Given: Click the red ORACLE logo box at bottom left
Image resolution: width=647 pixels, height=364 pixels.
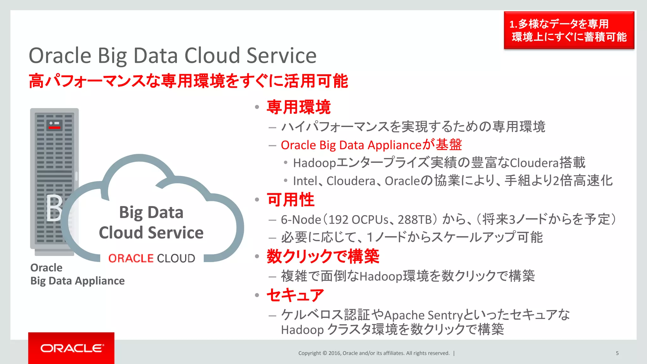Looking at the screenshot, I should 71,348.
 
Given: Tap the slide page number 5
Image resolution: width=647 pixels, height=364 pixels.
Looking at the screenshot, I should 617,353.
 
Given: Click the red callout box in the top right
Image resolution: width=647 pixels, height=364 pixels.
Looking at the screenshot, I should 569,30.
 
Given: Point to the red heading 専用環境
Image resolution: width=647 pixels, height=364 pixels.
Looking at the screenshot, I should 299,107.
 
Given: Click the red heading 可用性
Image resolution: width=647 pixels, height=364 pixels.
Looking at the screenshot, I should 291,200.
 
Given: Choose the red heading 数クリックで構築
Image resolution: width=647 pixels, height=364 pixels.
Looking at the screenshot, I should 323,256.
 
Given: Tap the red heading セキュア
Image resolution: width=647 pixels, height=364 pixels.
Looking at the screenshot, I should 295,295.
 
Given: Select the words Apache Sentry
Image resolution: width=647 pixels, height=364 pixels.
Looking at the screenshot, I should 423,315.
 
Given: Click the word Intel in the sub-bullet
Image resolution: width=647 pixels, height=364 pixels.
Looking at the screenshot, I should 305,181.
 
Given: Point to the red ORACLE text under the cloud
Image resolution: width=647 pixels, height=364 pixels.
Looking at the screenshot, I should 131,258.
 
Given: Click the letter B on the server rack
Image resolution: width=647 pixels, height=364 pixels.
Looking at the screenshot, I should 54,208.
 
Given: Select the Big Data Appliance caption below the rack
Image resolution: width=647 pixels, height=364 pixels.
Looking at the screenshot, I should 77,281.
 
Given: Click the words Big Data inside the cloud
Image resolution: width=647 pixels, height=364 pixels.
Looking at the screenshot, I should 151,212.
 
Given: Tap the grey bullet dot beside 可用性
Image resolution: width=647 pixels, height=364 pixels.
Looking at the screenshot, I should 257,200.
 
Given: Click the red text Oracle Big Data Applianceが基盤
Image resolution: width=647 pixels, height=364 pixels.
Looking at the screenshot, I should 371,145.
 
